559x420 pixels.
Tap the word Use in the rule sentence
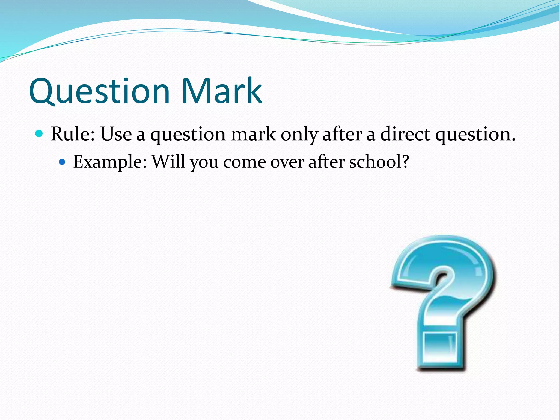[x=116, y=134]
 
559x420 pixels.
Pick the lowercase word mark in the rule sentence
[x=253, y=134]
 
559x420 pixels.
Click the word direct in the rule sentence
[x=405, y=134]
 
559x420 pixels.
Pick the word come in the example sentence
[x=245, y=162]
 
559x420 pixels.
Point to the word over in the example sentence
[x=287, y=162]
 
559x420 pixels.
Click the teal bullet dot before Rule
[x=39, y=134]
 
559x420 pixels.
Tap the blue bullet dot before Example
[x=62, y=162]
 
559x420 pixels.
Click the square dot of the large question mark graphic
[x=440, y=350]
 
